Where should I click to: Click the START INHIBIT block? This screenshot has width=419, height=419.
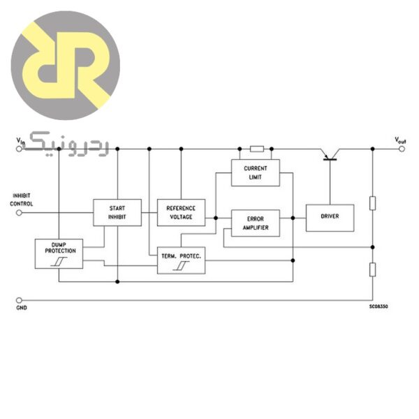117,212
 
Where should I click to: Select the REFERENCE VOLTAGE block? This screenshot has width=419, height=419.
181,212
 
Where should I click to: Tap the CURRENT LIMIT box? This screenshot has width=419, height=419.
255,172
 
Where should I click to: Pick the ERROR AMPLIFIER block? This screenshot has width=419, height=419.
255,223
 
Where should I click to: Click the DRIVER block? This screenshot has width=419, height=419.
330,217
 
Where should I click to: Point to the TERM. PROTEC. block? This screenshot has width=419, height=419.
181,260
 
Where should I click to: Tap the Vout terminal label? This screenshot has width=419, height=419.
400,140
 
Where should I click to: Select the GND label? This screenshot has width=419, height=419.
22,307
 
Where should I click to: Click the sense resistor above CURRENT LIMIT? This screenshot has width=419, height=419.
256,149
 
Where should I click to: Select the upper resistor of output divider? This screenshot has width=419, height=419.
373,203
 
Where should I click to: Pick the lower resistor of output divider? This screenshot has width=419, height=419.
373,270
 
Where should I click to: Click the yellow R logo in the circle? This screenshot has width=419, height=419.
66,65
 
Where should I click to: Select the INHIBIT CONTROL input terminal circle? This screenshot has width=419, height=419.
19,212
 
